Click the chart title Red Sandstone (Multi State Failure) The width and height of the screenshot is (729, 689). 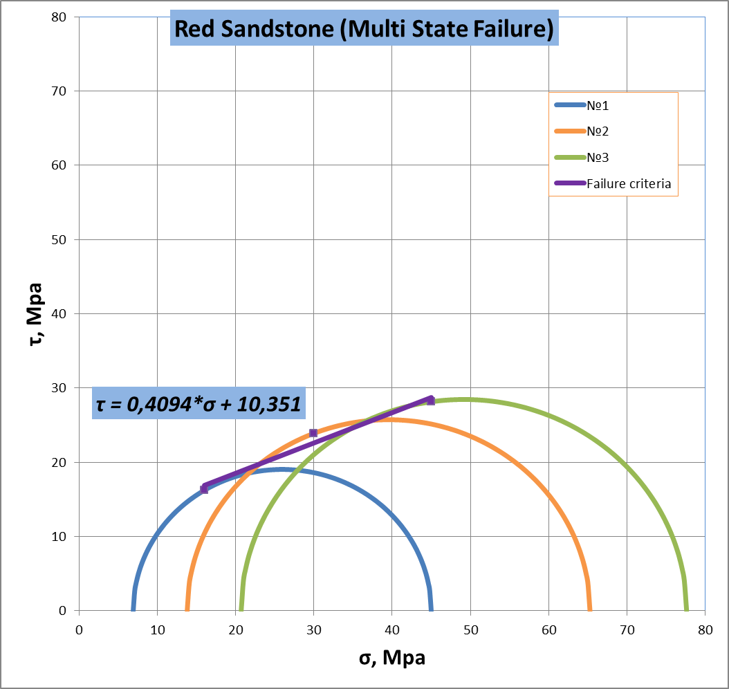[x=364, y=28]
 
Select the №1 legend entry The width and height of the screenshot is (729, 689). [x=582, y=106]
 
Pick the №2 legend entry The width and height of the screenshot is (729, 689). [x=582, y=131]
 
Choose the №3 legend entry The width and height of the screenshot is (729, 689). [x=582, y=158]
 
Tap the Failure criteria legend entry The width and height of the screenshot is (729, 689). [x=613, y=183]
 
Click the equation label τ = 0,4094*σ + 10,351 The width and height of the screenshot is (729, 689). [x=199, y=403]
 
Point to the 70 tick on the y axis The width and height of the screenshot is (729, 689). [x=59, y=91]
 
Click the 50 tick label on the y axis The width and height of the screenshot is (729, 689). [x=59, y=240]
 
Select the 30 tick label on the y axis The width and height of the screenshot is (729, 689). [x=59, y=388]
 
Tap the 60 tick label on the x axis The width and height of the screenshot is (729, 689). [x=549, y=630]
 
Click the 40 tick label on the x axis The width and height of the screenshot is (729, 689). [x=392, y=630]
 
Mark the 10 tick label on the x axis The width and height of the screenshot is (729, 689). [x=158, y=630]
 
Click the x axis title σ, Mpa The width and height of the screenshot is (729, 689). [x=392, y=657]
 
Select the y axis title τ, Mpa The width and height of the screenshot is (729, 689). [x=35, y=314]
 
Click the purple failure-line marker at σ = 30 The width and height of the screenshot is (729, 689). [x=313, y=433]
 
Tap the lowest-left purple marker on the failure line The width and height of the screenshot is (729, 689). [x=204, y=489]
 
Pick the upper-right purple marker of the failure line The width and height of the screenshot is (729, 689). [x=431, y=401]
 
